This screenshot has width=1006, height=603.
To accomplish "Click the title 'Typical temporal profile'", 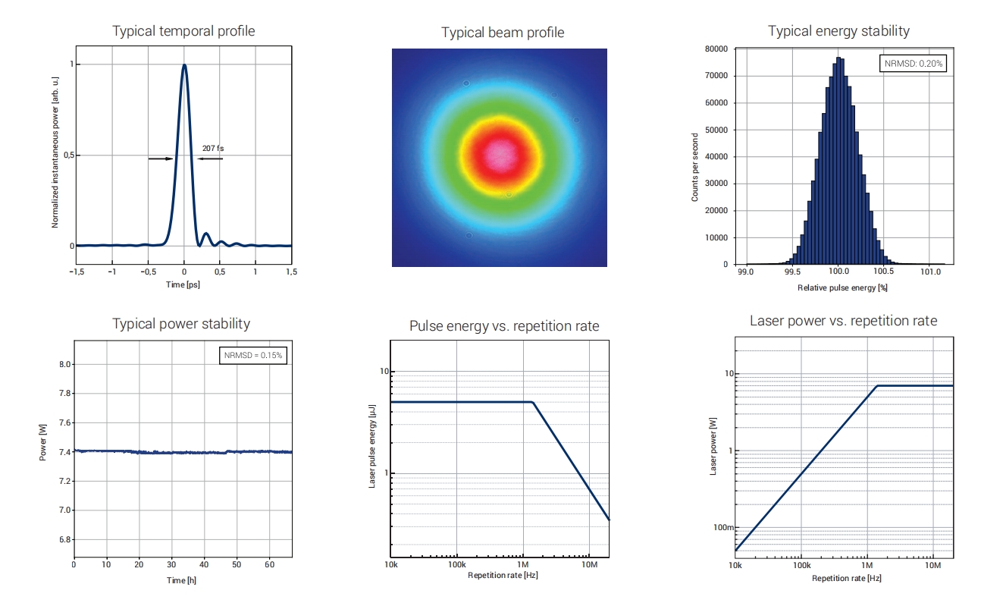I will [183, 31].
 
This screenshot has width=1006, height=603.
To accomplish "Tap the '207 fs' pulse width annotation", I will [213, 149].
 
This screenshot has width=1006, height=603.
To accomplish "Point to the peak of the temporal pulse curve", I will [184, 65].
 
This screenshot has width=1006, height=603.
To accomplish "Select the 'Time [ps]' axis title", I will [183, 284].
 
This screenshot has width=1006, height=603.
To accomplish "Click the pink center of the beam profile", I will [499, 155].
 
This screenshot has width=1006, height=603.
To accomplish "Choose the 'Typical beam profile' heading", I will [503, 33].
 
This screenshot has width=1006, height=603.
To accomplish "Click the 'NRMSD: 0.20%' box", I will [914, 64].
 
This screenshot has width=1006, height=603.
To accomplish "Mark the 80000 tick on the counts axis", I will [717, 49].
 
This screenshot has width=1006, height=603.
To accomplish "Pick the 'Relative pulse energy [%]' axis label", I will [842, 288].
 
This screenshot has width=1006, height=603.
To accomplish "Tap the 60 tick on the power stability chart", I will [269, 565].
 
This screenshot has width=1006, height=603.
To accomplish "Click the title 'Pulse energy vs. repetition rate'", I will [504, 326].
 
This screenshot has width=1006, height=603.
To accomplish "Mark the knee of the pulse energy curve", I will [533, 403].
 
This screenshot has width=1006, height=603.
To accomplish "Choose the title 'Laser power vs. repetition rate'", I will [843, 321].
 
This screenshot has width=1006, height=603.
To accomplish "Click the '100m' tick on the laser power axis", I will [724, 528].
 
